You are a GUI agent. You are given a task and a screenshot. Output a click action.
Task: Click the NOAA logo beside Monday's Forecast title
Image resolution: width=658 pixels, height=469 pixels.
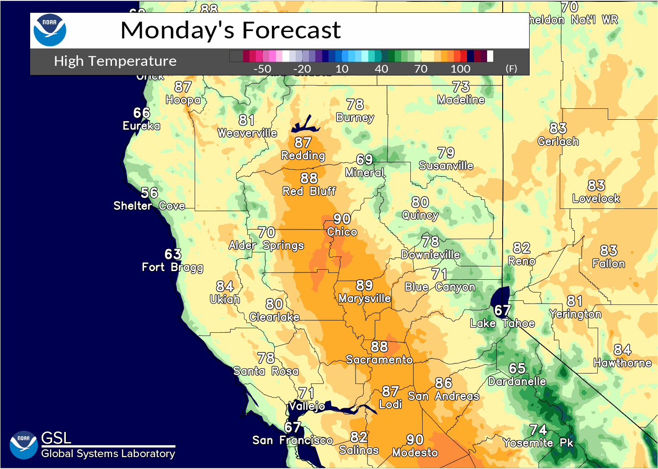click(50, 30)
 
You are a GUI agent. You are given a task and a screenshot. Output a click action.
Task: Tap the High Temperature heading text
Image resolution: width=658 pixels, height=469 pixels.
click(115, 61)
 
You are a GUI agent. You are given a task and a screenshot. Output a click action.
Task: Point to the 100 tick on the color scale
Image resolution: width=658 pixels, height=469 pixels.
click(460, 69)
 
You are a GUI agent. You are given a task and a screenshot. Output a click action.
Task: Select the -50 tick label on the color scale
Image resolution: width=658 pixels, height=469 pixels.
click(262, 69)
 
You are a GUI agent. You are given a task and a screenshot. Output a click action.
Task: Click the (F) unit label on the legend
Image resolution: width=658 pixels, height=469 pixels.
click(511, 69)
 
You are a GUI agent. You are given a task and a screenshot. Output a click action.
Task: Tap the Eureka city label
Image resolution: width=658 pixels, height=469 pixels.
click(141, 126)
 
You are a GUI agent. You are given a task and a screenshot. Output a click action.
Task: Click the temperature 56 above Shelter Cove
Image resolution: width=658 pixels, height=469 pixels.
click(149, 193)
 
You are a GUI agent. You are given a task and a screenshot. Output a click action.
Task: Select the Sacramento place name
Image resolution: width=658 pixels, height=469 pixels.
click(379, 360)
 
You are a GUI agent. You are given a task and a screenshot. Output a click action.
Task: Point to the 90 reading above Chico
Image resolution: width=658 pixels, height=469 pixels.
click(342, 219)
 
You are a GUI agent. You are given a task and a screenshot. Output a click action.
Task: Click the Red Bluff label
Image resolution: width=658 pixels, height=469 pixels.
click(309, 191)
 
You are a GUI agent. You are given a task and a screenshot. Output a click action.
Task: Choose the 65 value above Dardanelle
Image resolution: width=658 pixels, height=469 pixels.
click(517, 368)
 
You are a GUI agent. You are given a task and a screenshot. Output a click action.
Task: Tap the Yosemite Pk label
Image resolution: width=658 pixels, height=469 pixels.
click(538, 442)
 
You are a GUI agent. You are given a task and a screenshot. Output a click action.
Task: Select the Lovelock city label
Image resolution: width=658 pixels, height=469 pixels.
click(596, 198)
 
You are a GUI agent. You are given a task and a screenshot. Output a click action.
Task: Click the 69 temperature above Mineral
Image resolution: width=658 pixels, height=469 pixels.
click(364, 160)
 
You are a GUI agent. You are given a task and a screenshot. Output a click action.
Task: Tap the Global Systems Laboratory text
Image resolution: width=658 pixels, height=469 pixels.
click(108, 453)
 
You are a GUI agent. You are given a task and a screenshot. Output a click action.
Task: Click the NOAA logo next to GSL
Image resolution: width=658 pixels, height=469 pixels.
click(23, 445)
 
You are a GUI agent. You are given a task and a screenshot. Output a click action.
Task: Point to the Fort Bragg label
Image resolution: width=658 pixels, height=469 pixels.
click(172, 267)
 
